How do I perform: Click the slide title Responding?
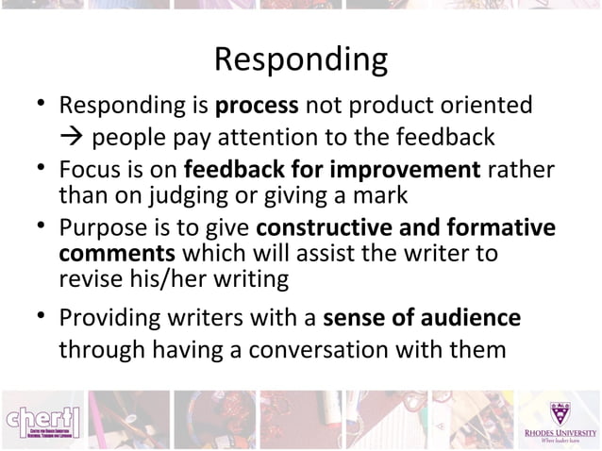click(x=300, y=60)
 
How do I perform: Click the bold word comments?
click(x=116, y=254)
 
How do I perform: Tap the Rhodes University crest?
click(x=560, y=412)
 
